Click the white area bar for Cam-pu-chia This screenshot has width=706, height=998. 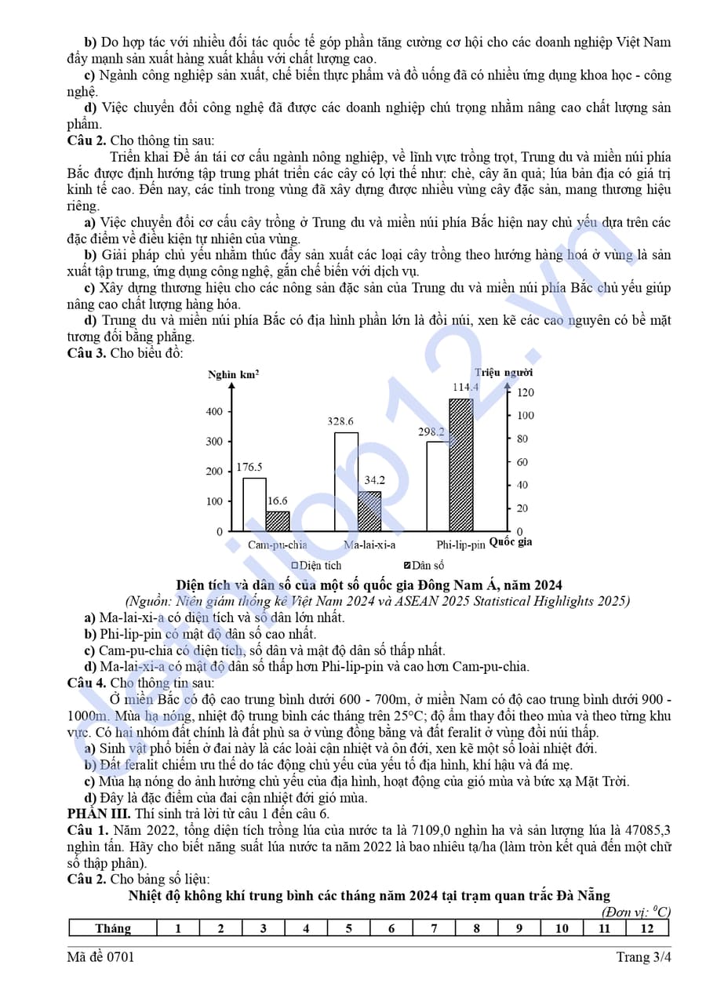pyautogui.click(x=254, y=504)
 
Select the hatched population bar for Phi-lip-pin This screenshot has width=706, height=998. pyautogui.click(x=461, y=464)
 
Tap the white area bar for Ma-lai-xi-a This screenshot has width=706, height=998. pyautogui.click(x=346, y=482)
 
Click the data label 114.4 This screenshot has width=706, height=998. pyautogui.click(x=465, y=387)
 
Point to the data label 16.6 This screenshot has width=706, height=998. pyautogui.click(x=277, y=500)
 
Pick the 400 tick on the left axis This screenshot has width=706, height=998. pyautogui.click(x=214, y=411)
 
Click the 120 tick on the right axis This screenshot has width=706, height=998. pyautogui.click(x=525, y=392)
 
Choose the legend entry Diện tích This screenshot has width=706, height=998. pyautogui.click(x=317, y=565)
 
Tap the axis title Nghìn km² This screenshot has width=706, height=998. pyautogui.click(x=234, y=374)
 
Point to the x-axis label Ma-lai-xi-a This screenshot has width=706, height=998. pyautogui.click(x=369, y=545)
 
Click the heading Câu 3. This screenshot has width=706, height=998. pyautogui.click(x=86, y=353)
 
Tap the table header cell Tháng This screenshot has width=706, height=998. pyautogui.click(x=113, y=928)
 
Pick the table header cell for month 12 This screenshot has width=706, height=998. pyautogui.click(x=646, y=928)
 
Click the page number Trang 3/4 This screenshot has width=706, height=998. pyautogui.click(x=643, y=957)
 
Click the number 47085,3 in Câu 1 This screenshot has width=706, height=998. pyautogui.click(x=648, y=830)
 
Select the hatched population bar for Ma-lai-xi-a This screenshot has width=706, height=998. pyautogui.click(x=369, y=512)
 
